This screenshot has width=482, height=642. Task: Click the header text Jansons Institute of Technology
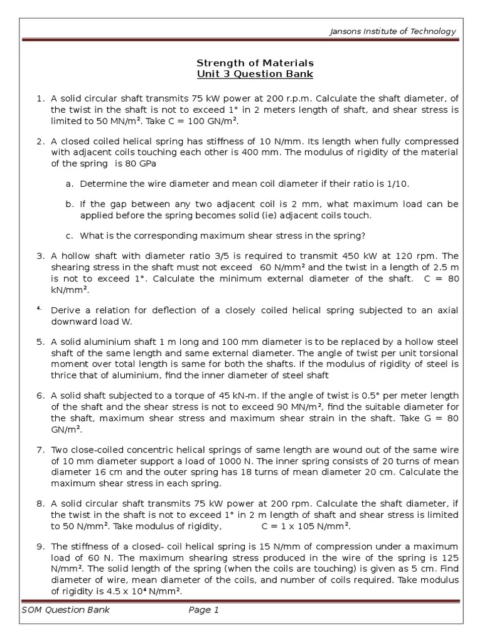pyautogui.click(x=394, y=32)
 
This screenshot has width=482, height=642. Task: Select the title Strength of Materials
pyautogui.click(x=255, y=63)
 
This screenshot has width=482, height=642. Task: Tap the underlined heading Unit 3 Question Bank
pyautogui.click(x=255, y=75)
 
